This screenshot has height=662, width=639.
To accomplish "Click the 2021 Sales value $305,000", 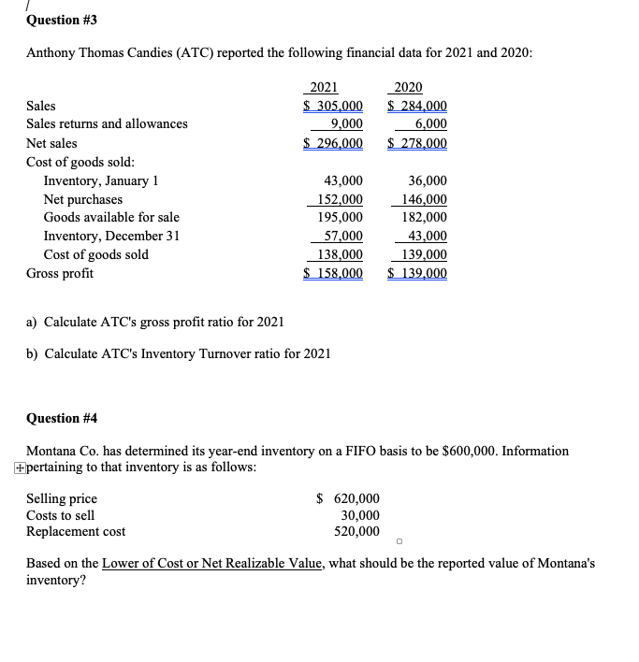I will (x=334, y=106).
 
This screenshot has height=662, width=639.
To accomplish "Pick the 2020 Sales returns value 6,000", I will (x=430, y=123).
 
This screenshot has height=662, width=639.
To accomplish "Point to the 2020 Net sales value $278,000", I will (x=417, y=143).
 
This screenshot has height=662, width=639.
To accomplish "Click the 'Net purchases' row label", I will (x=83, y=199).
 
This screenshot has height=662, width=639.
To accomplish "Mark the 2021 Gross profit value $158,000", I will (x=334, y=273).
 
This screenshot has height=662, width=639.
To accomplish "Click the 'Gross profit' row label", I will (x=60, y=273).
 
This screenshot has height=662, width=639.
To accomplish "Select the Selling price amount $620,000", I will (x=348, y=498).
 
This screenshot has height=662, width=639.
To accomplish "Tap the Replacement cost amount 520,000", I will (x=357, y=531).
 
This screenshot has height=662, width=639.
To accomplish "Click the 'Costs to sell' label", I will (x=60, y=515).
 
